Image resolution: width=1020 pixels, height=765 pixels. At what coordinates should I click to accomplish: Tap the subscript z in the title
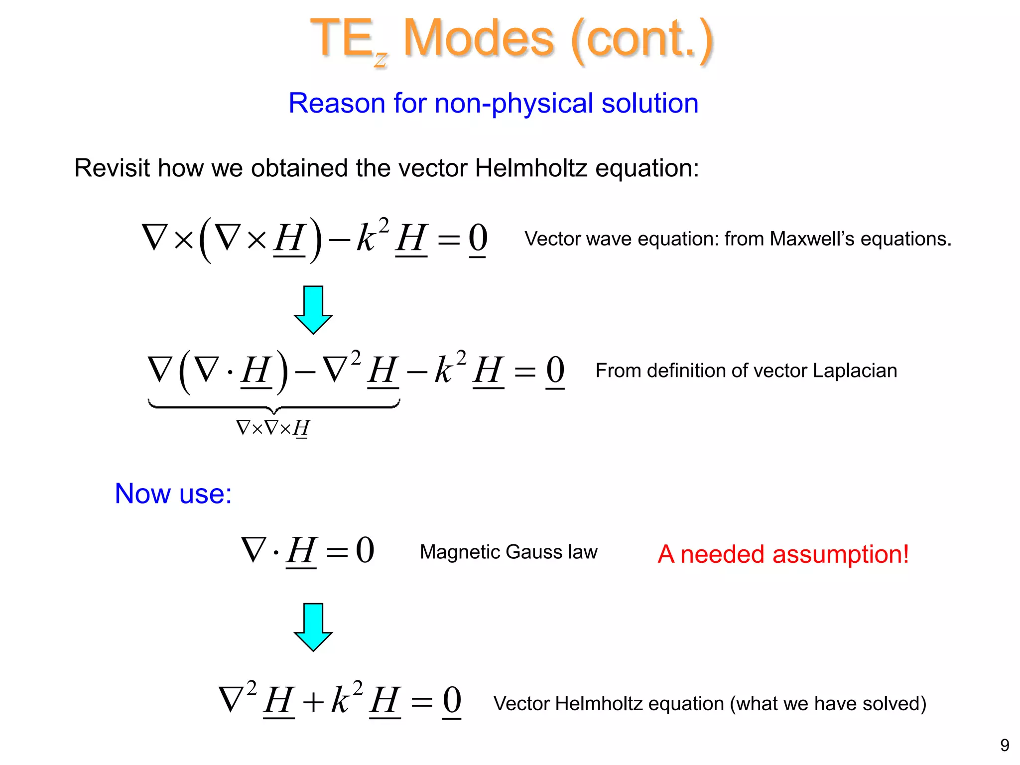(381, 60)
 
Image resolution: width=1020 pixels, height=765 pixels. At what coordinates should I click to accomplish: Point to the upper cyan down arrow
(313, 309)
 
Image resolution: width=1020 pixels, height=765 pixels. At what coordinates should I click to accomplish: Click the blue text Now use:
(173, 494)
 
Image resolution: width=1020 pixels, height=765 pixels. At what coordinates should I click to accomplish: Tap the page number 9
(1005, 745)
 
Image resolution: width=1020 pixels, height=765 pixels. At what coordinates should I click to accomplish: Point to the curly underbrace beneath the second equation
(273, 407)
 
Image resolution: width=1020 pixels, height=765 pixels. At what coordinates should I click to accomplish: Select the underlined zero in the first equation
(478, 239)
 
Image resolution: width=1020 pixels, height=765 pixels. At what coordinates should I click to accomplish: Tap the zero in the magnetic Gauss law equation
(365, 551)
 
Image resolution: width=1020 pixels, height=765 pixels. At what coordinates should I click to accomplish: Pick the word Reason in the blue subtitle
(337, 104)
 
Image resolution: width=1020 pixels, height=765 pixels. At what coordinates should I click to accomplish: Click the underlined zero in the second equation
(555, 371)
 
